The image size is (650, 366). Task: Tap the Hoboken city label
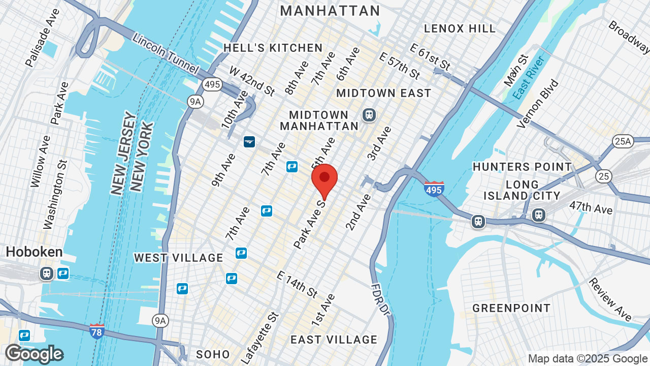[34, 252]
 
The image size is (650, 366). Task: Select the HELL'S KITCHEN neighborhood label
[273, 48]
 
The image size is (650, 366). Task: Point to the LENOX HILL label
[460, 28]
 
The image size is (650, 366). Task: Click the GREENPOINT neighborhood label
[511, 308]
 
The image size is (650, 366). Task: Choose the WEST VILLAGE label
[179, 258]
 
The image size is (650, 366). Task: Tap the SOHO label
[213, 354]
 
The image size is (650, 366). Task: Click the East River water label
[528, 77]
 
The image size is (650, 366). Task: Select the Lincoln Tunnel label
[165, 53]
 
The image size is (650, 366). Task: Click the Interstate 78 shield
[96, 331]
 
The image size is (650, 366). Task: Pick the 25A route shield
[623, 141]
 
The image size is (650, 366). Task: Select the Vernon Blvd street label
[538, 104]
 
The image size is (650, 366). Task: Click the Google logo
[34, 354]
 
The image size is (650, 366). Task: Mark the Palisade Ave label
[43, 38]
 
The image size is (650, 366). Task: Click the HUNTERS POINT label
[522, 167]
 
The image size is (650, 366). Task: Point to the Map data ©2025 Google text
[587, 358]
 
